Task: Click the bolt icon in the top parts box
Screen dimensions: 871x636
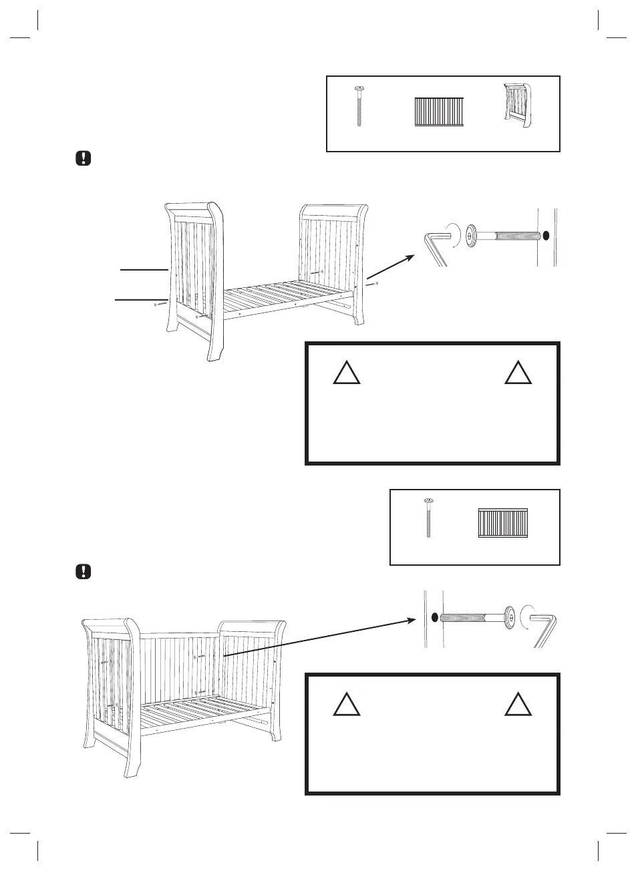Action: click(359, 107)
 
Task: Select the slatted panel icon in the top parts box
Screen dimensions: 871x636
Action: click(439, 112)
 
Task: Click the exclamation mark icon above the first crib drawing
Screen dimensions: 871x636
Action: click(83, 159)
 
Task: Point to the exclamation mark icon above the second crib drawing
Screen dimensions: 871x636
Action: click(83, 572)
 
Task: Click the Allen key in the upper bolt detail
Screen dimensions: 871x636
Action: click(436, 246)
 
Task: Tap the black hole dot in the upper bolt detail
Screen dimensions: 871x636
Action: click(546, 236)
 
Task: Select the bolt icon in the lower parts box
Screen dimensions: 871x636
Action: click(428, 518)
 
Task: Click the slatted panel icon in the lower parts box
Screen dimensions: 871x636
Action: click(503, 524)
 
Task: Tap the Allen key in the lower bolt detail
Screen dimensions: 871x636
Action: click(546, 628)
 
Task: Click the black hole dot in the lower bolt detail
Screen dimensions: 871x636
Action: click(434, 617)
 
